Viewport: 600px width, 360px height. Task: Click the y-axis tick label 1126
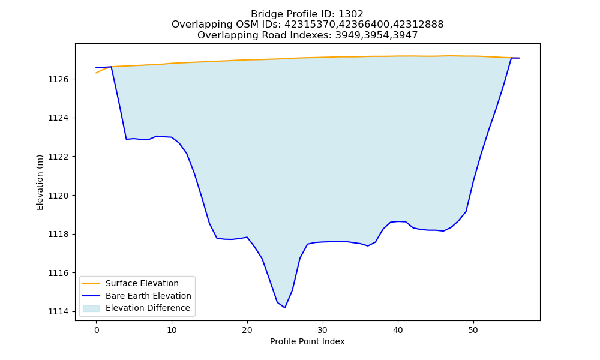[x=58, y=79]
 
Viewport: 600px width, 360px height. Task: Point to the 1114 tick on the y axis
[x=58, y=312]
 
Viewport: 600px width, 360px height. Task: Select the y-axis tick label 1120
[x=58, y=196]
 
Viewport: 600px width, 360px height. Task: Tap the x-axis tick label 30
[x=323, y=330]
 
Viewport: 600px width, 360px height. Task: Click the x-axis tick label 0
[x=97, y=330]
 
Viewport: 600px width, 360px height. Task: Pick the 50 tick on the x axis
[x=473, y=330]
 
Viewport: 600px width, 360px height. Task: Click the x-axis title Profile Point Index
[x=307, y=341]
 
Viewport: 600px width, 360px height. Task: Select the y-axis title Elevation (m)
[x=40, y=182]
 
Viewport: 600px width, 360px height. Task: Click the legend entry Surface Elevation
[x=142, y=283]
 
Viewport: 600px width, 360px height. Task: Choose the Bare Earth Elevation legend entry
[x=148, y=296]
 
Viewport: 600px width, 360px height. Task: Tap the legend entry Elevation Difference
[x=148, y=308]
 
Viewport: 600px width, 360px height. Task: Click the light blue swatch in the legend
[x=91, y=308]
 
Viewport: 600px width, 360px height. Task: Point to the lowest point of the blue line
[x=284, y=308]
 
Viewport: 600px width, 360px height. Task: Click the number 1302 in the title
[x=350, y=14]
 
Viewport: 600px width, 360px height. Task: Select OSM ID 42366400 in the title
[x=364, y=25]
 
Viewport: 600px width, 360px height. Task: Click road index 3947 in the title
[x=405, y=35]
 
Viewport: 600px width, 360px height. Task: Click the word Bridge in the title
[x=263, y=14]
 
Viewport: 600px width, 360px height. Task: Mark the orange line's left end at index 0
[x=96, y=73]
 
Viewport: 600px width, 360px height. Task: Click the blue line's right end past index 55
[x=519, y=58]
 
